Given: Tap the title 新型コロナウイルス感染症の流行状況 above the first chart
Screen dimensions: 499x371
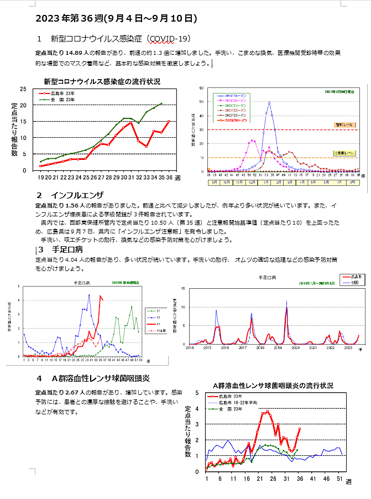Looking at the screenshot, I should click(x=102, y=82).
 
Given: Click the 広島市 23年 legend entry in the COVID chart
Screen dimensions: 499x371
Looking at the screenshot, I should click(x=62, y=94).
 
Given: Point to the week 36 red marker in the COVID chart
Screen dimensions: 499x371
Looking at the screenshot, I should click(x=169, y=121).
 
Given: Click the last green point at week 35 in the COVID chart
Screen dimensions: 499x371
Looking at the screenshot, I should click(x=161, y=103).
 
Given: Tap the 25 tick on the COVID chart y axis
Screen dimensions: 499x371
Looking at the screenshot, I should click(x=23, y=89).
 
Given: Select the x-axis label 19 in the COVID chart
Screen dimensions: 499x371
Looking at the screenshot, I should click(x=41, y=178).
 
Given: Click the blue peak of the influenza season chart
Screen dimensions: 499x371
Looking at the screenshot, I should click(x=269, y=102).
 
